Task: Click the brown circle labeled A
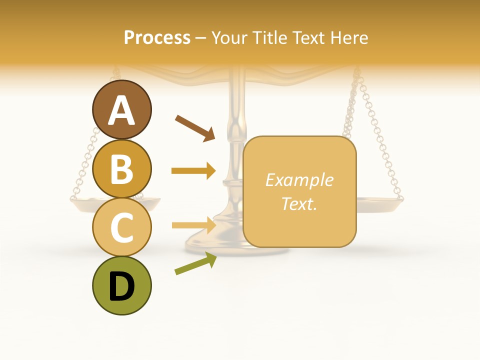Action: tap(121, 109)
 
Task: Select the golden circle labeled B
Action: tap(121, 168)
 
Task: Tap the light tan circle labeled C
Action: tap(121, 227)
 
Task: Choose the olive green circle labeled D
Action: tap(121, 285)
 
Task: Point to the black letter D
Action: tap(121, 287)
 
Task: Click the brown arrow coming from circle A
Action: tap(195, 127)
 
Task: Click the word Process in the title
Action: tap(157, 38)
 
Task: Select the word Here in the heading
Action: tap(349, 38)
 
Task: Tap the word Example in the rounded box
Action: tap(299, 180)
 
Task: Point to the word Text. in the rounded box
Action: tap(299, 203)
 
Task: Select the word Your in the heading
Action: tap(230, 38)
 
